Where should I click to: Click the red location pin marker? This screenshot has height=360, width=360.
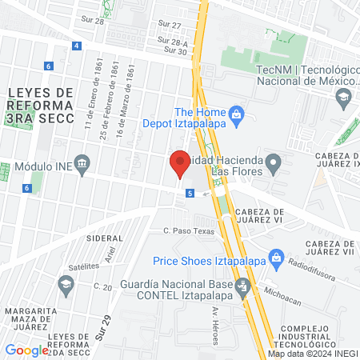pyautogui.click(x=179, y=164)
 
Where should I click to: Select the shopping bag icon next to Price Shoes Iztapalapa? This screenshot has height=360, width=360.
pyautogui.click(x=277, y=258)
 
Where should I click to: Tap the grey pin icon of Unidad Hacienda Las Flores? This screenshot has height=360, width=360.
pyautogui.click(x=274, y=166)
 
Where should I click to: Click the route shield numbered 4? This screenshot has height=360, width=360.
pyautogui.click(x=76, y=46)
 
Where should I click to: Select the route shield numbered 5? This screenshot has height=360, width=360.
pyautogui.click(x=190, y=193)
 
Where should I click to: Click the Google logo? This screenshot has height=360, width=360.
pyautogui.click(x=26, y=350)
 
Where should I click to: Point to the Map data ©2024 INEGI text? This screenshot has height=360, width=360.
pyautogui.click(x=311, y=354)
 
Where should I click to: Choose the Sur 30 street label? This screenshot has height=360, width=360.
pyautogui.click(x=175, y=50)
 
